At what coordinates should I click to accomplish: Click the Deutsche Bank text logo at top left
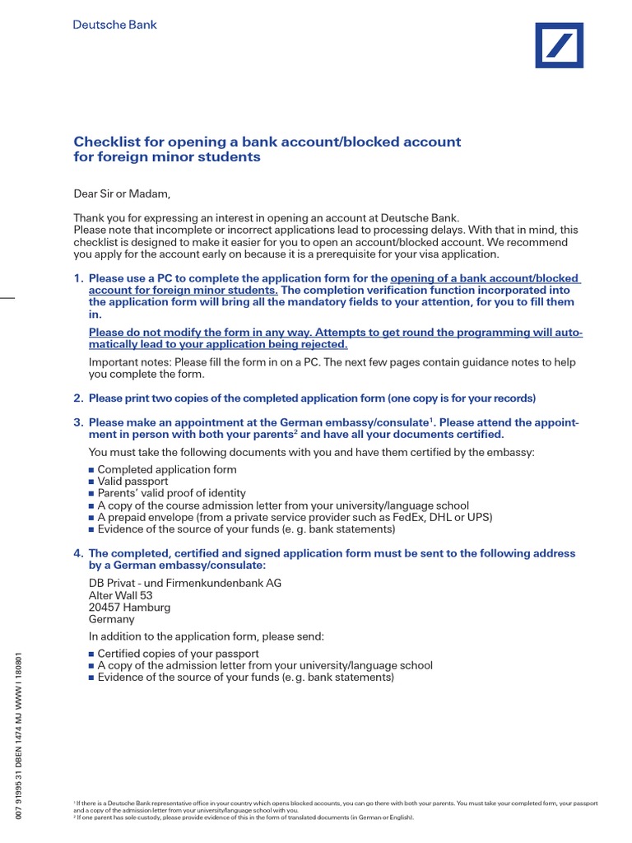point(115,25)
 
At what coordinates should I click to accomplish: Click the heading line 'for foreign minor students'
point(167,157)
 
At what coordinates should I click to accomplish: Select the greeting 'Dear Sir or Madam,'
point(122,194)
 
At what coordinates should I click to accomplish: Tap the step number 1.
point(78,278)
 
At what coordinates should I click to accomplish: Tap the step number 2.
point(78,398)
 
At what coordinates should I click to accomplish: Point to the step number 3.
point(78,422)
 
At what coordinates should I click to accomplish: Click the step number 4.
point(78,553)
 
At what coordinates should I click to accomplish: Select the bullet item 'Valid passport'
point(132,482)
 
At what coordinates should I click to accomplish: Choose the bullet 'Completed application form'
point(166,469)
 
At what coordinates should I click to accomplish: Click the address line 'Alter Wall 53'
point(120,595)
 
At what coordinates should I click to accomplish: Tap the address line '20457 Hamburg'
point(129,608)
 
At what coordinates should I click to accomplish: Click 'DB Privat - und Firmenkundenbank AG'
point(185,583)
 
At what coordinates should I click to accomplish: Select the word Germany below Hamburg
point(111,619)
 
